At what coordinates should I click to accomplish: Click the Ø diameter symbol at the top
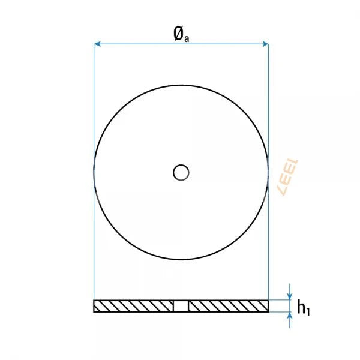[178, 34]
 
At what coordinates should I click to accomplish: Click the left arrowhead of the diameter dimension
[97, 44]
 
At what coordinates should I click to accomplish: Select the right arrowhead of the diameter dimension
[265, 44]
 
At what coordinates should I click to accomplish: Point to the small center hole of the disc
[181, 173]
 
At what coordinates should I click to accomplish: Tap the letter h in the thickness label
[302, 307]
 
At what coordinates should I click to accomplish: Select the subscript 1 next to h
[310, 310]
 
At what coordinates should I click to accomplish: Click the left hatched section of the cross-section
[133, 307]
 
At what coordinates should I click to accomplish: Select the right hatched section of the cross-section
[228, 307]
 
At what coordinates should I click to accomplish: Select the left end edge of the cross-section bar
[94, 307]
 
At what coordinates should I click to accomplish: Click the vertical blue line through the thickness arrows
[290, 306]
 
